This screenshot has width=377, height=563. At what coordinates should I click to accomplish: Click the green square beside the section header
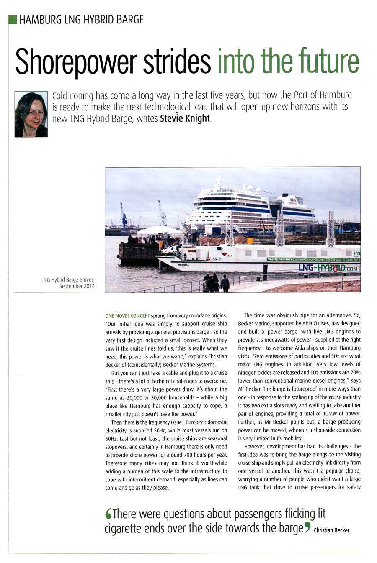(13, 19)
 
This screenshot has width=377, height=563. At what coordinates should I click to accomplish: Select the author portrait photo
(31, 114)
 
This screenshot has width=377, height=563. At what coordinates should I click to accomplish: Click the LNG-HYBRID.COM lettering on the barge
(328, 268)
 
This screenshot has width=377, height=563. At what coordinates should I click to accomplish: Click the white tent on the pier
(157, 231)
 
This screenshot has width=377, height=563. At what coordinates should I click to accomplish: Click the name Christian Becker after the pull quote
(332, 530)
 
